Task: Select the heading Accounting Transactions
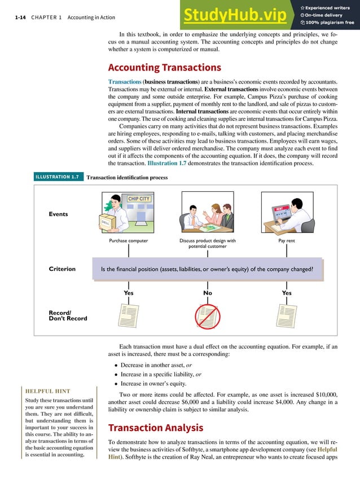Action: click(164, 67)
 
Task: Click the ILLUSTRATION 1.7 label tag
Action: click(57, 177)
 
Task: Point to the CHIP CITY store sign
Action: click(139, 199)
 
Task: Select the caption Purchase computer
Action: click(128, 240)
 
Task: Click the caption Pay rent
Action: click(287, 240)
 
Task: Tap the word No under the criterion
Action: click(208, 293)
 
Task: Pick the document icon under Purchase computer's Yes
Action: click(128, 315)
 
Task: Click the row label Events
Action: click(59, 214)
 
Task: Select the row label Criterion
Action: click(62, 269)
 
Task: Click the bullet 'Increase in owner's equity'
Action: click(154, 384)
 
